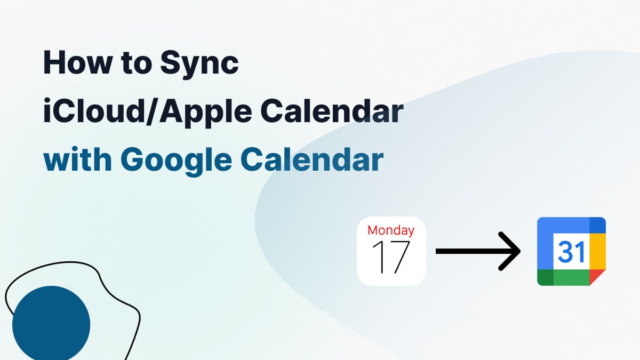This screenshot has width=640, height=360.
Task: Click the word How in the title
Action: click(x=77, y=62)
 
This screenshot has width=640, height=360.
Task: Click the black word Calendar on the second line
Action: click(x=332, y=110)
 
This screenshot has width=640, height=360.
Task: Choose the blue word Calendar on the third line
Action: click(x=311, y=159)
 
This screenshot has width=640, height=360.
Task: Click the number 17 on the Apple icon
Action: click(x=391, y=258)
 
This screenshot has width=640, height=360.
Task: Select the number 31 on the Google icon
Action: click(x=571, y=252)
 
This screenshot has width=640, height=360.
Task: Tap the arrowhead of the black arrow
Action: click(x=510, y=251)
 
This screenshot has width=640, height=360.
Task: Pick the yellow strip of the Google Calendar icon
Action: click(x=598, y=251)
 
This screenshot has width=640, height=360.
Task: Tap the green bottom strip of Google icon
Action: click(x=571, y=277)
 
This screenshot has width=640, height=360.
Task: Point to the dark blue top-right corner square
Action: click(x=598, y=225)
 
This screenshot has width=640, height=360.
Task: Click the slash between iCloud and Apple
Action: click(x=153, y=112)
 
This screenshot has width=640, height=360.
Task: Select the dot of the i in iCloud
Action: click(x=47, y=101)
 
